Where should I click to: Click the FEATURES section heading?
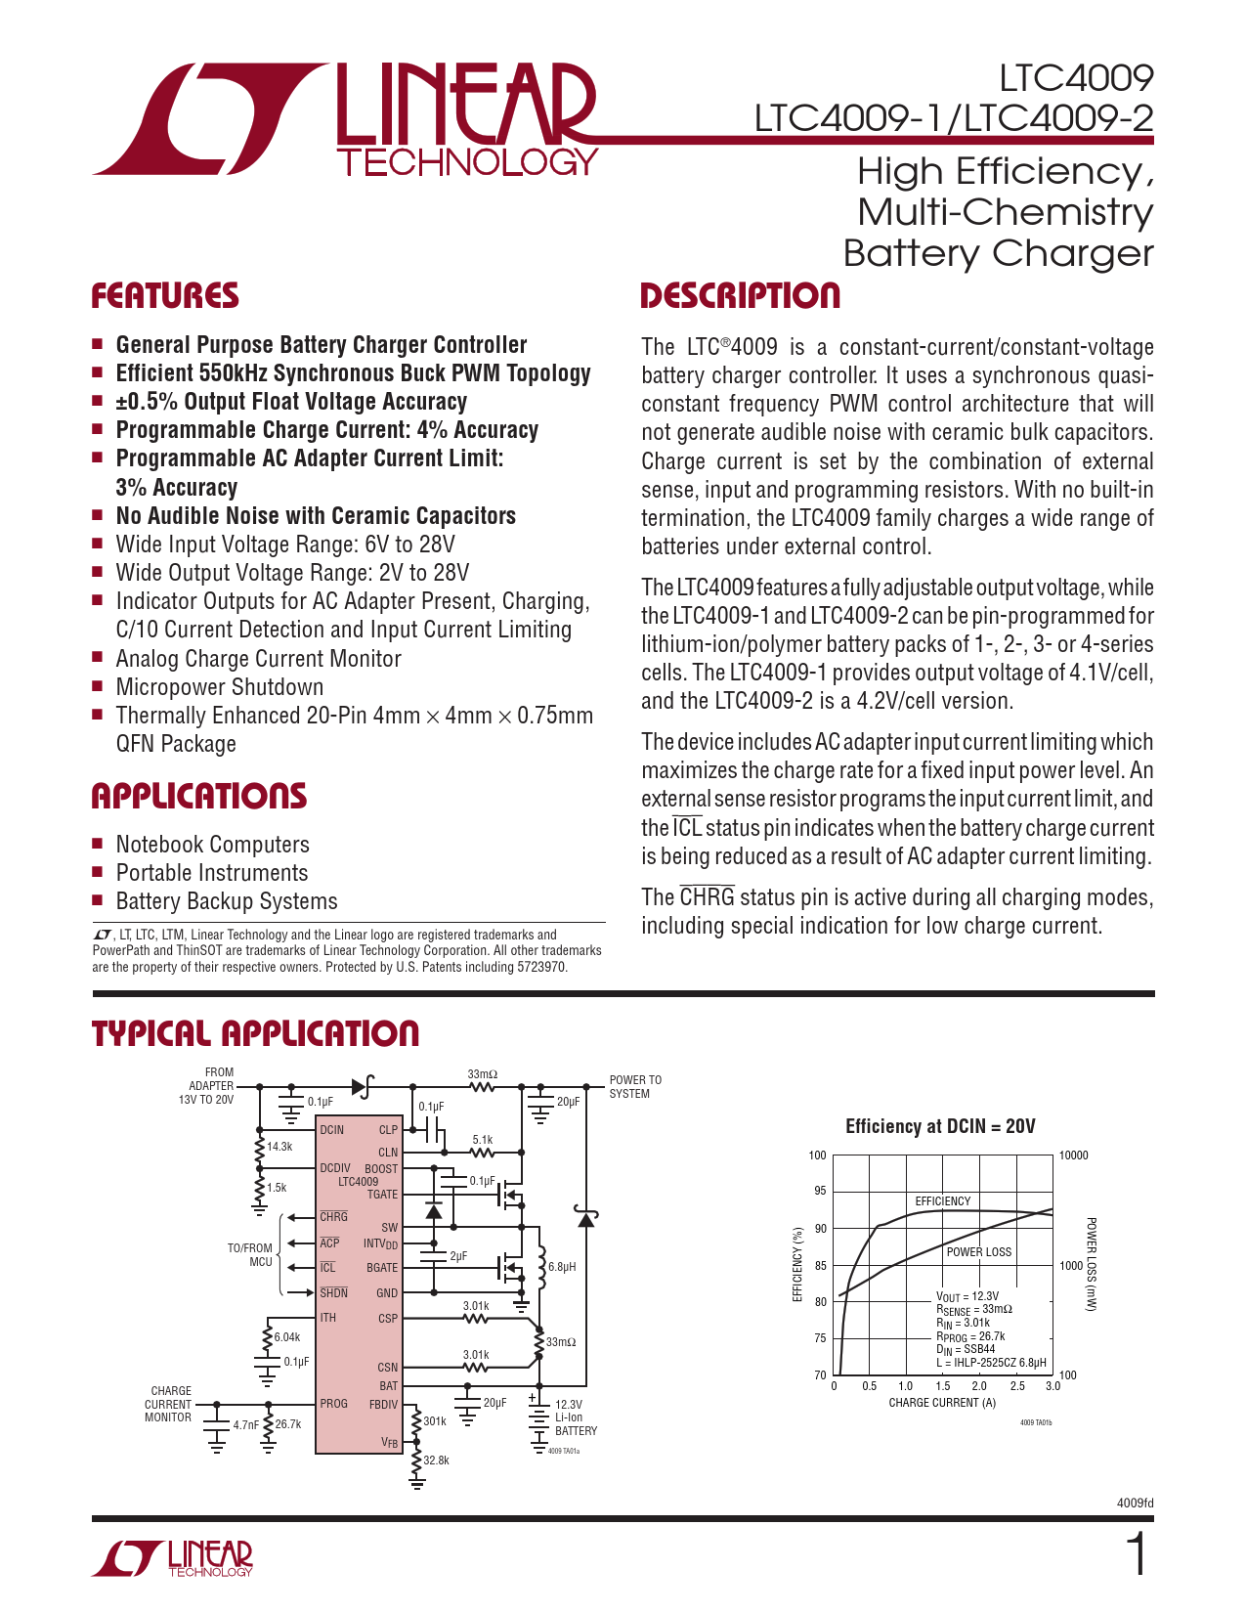(165, 296)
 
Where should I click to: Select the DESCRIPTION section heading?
(740, 296)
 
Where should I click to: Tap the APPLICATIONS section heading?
(198, 796)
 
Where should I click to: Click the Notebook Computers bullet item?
(212, 845)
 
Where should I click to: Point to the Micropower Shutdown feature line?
(219, 687)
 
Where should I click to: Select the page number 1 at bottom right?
(1137, 1554)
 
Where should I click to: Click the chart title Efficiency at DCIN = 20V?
(939, 1126)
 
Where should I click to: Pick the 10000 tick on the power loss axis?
(1073, 1155)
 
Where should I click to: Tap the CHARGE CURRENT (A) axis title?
(942, 1403)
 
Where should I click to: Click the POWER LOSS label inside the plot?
(978, 1252)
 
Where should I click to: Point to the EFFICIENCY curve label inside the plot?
(942, 1201)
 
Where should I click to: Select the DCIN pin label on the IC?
(332, 1130)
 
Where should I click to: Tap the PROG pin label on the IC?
(333, 1404)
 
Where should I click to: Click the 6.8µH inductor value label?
(562, 1267)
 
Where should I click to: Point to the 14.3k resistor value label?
(279, 1147)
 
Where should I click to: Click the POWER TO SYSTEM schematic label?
(635, 1087)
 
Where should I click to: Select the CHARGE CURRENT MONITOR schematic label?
(169, 1404)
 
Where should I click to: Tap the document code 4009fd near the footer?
(1135, 1503)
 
